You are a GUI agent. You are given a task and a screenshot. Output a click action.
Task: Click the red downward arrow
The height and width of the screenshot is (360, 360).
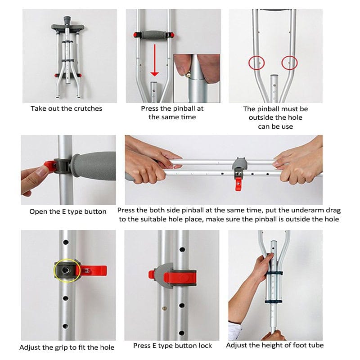pyautogui.click(x=154, y=60)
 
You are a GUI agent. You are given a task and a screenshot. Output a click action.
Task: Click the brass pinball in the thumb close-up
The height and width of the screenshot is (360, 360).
pyautogui.click(x=189, y=74)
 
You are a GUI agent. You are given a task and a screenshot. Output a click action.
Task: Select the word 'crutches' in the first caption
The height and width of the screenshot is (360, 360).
pyautogui.click(x=89, y=108)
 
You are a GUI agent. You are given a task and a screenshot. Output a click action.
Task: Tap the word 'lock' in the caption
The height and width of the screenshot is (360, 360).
pyautogui.click(x=205, y=346)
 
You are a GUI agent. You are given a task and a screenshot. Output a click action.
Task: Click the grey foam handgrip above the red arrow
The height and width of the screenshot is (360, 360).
pyautogui.click(x=154, y=35)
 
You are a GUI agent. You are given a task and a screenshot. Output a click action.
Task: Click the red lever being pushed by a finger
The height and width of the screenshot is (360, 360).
pyautogui.click(x=50, y=166)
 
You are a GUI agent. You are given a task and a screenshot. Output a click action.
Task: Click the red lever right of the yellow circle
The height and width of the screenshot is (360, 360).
pyautogui.click(x=94, y=271)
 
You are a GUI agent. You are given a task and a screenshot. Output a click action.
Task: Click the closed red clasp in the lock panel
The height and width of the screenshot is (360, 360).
pyautogui.click(x=180, y=277)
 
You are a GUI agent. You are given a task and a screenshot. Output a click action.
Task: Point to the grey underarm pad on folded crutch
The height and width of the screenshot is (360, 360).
pyautogui.click(x=67, y=27)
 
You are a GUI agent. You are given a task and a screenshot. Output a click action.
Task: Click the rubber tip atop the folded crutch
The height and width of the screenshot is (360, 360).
pyautogui.click(x=67, y=20)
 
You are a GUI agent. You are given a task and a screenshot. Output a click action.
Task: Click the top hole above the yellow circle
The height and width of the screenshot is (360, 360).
pyautogui.click(x=66, y=242)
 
